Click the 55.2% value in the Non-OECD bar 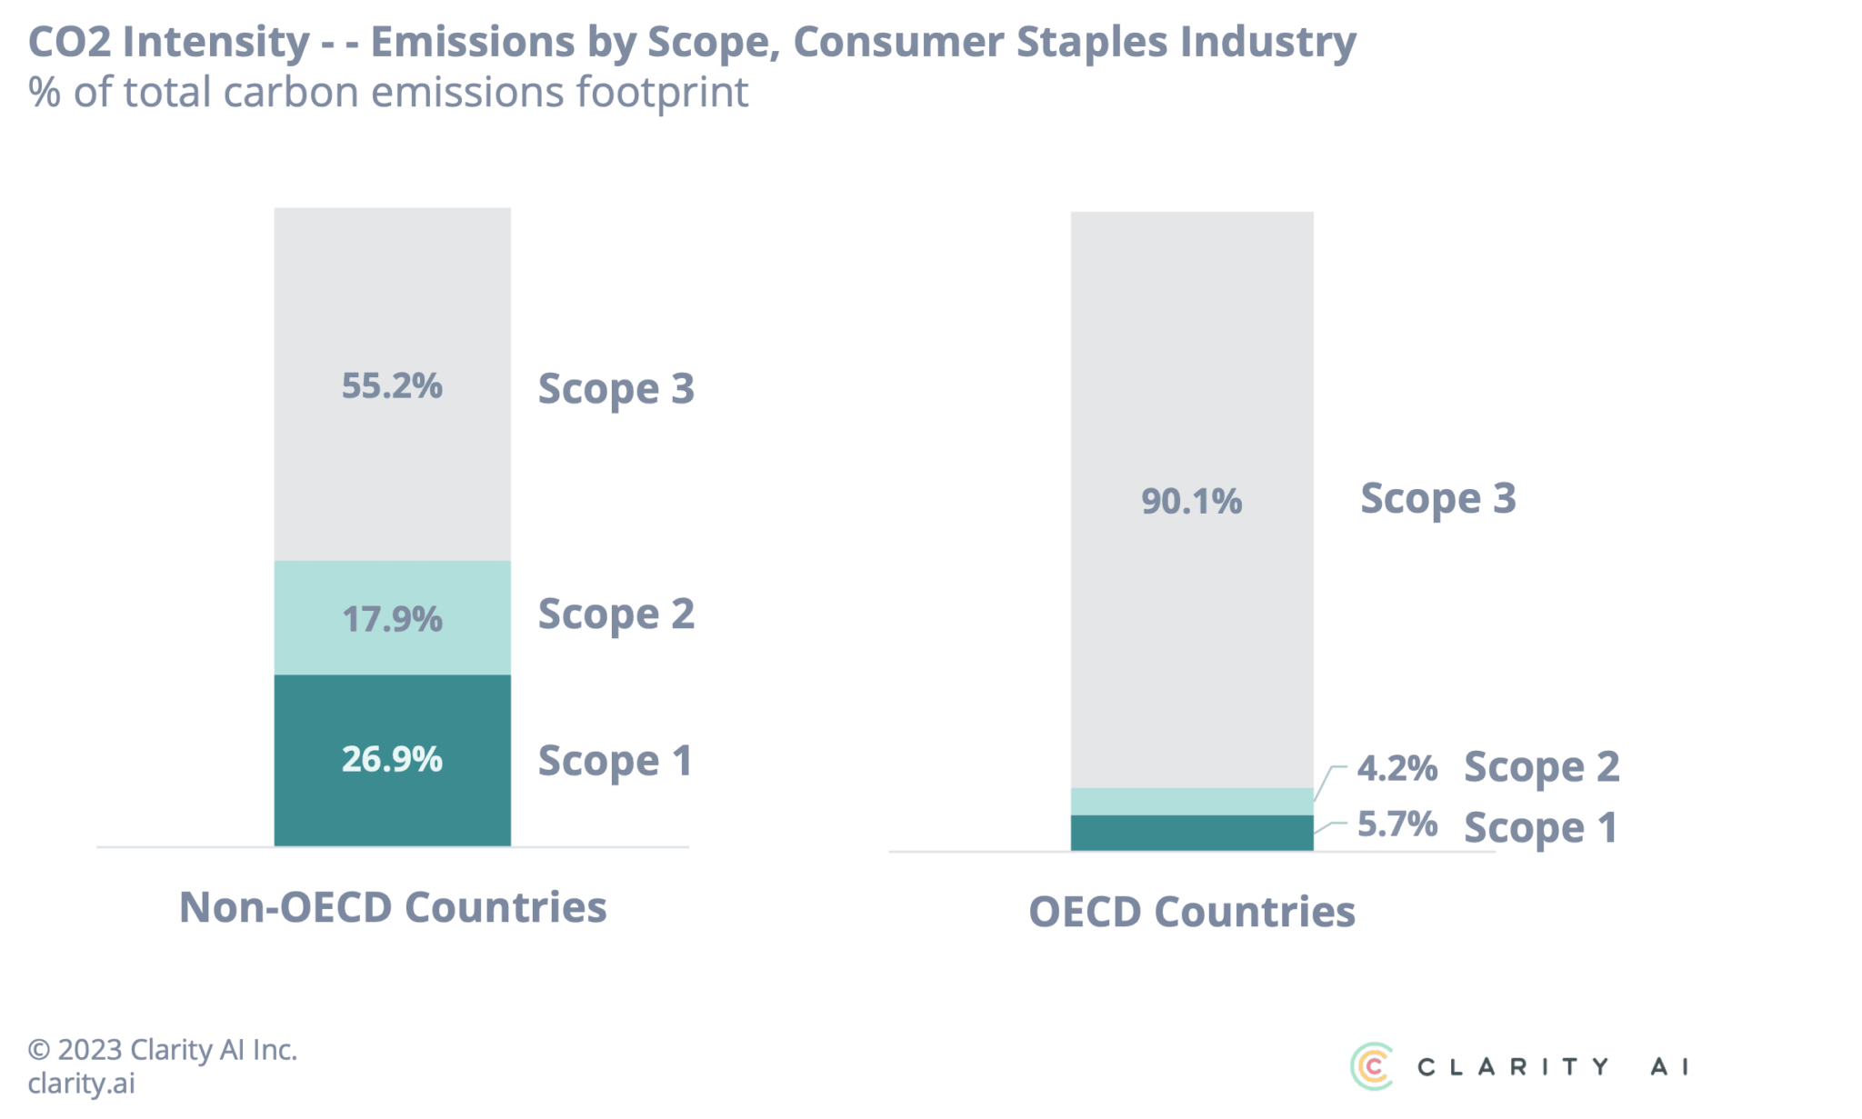392,386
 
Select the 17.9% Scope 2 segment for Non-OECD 392,619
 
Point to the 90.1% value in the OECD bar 1191,501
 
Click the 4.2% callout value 1396,769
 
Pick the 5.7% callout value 1396,824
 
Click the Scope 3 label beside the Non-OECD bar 616,389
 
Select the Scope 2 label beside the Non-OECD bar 616,614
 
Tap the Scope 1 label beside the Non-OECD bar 616,762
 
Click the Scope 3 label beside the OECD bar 1438,499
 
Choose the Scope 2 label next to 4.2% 1541,768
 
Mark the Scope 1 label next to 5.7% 1541,828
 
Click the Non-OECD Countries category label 393,907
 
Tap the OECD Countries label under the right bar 1191,912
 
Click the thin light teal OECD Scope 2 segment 1191,801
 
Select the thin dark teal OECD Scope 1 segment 1191,833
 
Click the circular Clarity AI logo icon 1371,1065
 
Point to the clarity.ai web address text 81,1084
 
